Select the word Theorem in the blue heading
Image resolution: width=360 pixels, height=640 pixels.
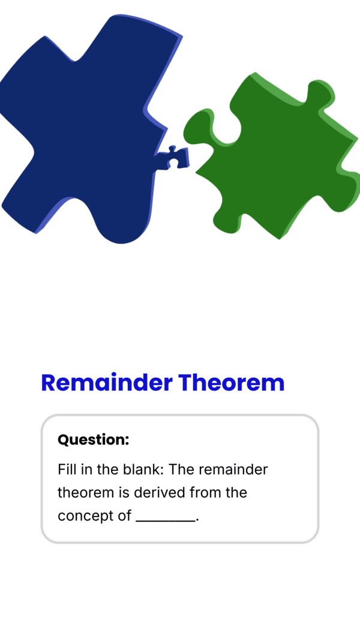pyautogui.click(x=232, y=383)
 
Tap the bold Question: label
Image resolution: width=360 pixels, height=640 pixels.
pyautogui.click(x=94, y=440)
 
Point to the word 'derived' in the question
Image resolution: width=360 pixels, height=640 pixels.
pyautogui.click(x=160, y=492)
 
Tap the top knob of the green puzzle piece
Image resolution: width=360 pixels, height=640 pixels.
pyautogui.click(x=321, y=93)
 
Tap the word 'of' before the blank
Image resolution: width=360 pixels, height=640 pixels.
pyautogui.click(x=124, y=516)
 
